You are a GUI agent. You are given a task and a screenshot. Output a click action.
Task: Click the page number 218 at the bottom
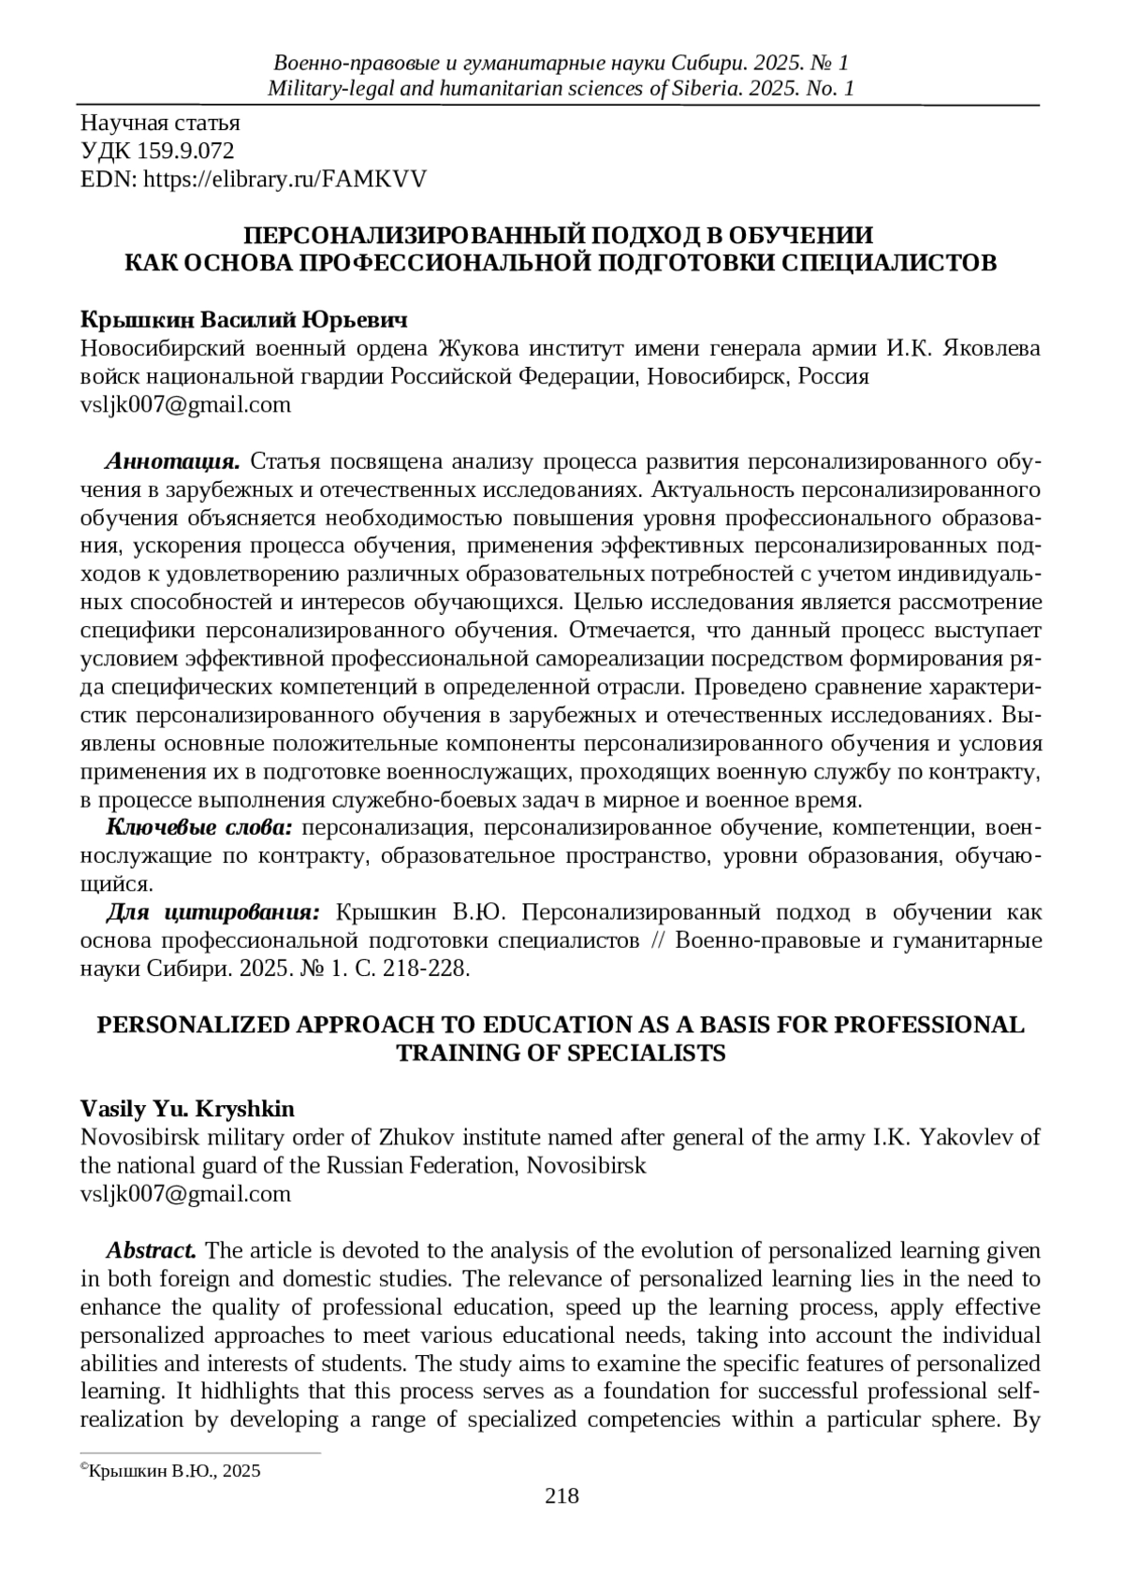coord(561,1496)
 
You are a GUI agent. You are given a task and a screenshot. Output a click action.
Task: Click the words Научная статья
coord(160,123)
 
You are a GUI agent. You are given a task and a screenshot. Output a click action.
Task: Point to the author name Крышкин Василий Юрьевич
coord(244,320)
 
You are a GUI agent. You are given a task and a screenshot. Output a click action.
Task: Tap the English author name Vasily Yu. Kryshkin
coord(187,1109)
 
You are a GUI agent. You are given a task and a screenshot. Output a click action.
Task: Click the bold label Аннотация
coord(173,461)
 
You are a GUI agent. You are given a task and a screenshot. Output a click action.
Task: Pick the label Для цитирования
coord(213,911)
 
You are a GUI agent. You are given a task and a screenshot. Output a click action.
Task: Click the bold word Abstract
coord(151,1250)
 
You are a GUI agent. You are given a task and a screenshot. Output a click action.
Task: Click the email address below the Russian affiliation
coord(185,404)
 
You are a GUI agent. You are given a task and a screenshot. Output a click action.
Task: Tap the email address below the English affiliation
coord(185,1193)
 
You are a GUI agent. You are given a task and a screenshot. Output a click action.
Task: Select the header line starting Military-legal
coord(561,89)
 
